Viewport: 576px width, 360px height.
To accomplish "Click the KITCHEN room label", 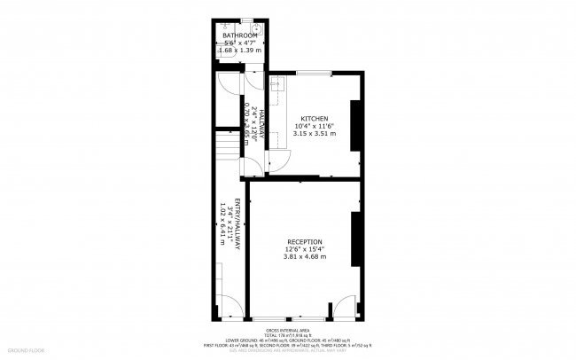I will pyautogui.click(x=315, y=119).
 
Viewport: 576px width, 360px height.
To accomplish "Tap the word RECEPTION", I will pyautogui.click(x=304, y=242).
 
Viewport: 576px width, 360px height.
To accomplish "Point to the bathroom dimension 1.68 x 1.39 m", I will pyautogui.click(x=240, y=51).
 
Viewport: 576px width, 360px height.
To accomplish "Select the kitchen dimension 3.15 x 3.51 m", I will pyautogui.click(x=315, y=134).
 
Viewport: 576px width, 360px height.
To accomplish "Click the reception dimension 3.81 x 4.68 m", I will pyautogui.click(x=304, y=257).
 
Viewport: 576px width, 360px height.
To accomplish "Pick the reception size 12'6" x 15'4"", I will pyautogui.click(x=304, y=249).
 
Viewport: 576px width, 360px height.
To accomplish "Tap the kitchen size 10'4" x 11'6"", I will pyautogui.click(x=315, y=127).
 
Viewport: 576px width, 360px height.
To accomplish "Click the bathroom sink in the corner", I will pyautogui.click(x=255, y=27).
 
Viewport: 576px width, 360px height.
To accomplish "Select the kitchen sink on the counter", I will pyautogui.click(x=276, y=86).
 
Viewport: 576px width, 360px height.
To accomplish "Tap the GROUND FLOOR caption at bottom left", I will pyautogui.click(x=25, y=350).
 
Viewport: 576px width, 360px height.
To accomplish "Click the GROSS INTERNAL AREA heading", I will pyautogui.click(x=288, y=329).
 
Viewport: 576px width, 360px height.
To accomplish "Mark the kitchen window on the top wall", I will pyautogui.click(x=319, y=73).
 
